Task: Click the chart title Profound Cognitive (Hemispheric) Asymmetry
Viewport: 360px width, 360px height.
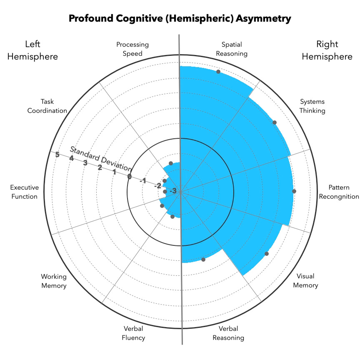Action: click(x=180, y=19)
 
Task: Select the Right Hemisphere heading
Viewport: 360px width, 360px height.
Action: click(x=327, y=50)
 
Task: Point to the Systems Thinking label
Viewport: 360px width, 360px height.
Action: click(x=312, y=106)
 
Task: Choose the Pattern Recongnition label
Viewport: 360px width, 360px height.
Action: click(x=339, y=192)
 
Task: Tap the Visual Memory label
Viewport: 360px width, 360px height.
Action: click(x=305, y=280)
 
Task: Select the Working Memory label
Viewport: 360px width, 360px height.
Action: click(x=54, y=280)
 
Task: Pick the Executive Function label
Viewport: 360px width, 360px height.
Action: click(x=24, y=192)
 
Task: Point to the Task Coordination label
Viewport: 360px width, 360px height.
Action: click(x=53, y=106)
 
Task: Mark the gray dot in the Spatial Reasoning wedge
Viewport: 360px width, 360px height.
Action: click(x=218, y=72)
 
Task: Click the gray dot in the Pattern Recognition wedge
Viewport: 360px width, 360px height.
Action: click(x=294, y=191)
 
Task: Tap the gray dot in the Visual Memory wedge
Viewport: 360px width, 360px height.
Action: click(x=267, y=253)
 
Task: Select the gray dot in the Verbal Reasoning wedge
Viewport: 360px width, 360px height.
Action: click(x=203, y=259)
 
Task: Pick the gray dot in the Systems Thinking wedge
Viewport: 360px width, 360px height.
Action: click(x=274, y=122)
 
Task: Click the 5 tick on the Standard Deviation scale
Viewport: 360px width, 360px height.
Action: click(x=57, y=155)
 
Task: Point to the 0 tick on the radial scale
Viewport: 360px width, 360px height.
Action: click(x=129, y=177)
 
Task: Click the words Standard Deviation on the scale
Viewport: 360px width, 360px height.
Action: click(x=100, y=159)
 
